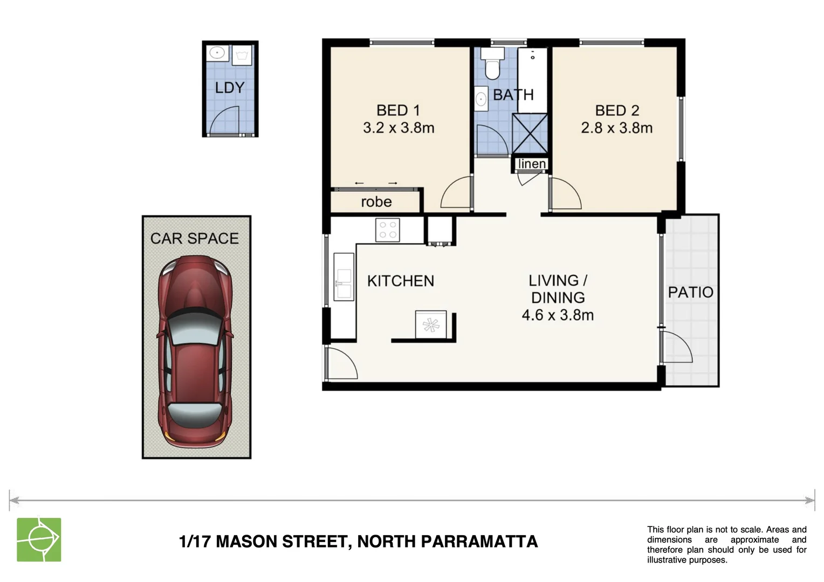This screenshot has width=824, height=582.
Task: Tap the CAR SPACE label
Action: (194, 238)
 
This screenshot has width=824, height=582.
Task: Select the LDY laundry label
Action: (230, 87)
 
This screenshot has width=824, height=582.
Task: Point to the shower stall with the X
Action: (530, 134)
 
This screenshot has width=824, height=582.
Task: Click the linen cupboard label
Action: (532, 164)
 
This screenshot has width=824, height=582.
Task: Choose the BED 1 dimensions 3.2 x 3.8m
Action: (399, 128)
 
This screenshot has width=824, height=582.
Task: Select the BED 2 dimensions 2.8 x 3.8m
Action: (616, 128)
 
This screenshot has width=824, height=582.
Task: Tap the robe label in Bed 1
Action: (376, 202)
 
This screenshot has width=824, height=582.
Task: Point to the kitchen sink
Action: (344, 283)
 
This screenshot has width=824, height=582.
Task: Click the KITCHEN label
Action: (400, 281)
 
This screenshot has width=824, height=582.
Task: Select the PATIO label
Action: (690, 293)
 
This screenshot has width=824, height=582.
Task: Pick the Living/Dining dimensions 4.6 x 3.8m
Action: (558, 315)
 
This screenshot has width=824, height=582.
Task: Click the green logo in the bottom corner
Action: (39, 539)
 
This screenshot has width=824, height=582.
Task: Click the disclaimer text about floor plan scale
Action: (726, 545)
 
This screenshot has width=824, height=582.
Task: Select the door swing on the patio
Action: (678, 348)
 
